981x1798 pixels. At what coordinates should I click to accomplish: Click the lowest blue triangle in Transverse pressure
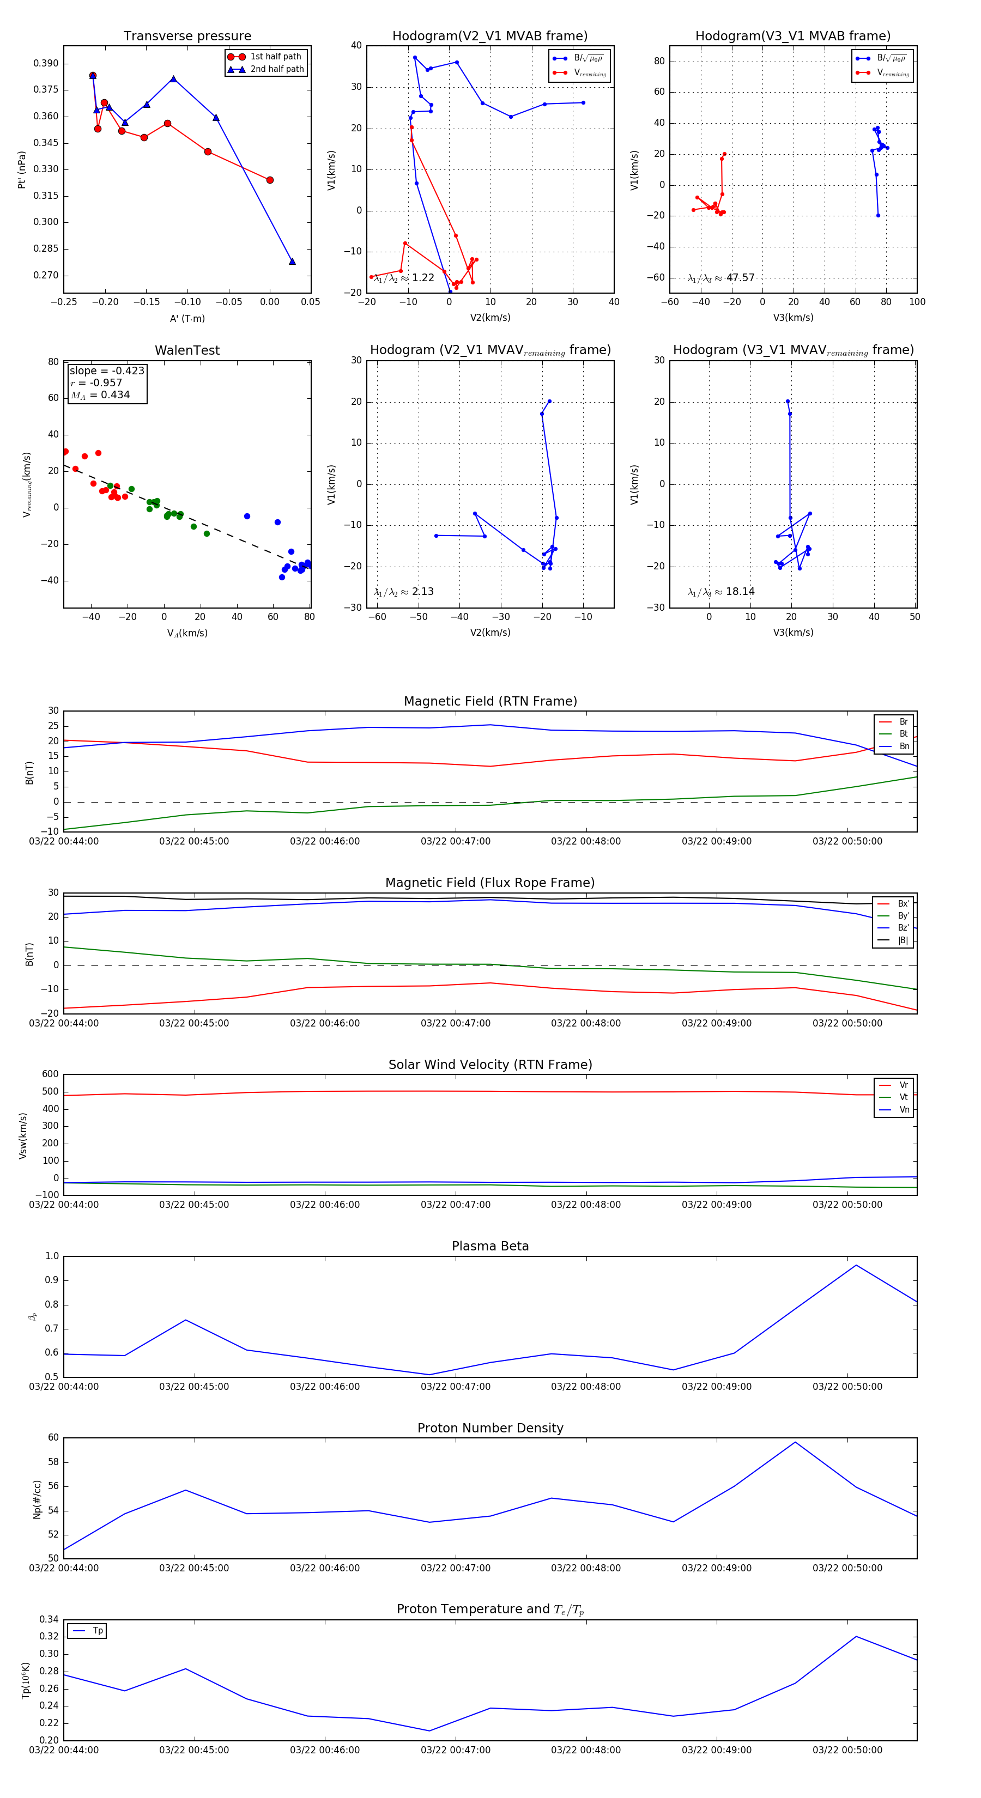coord(292,262)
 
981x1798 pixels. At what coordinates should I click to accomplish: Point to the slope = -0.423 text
coord(107,370)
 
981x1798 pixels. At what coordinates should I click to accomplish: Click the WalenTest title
coord(187,350)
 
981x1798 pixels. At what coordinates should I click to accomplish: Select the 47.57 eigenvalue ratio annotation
coord(721,278)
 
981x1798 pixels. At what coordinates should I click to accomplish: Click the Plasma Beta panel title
coord(490,1246)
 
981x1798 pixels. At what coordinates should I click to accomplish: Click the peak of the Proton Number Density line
coord(795,1443)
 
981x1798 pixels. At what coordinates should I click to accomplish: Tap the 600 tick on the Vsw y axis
coord(50,1074)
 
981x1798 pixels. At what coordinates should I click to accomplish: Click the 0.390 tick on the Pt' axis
coord(46,64)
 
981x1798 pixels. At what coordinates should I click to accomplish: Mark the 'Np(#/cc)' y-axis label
coord(37,1499)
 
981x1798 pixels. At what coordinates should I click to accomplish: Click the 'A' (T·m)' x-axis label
coord(187,318)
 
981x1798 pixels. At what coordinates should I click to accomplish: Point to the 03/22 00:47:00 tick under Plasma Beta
coord(455,1387)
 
